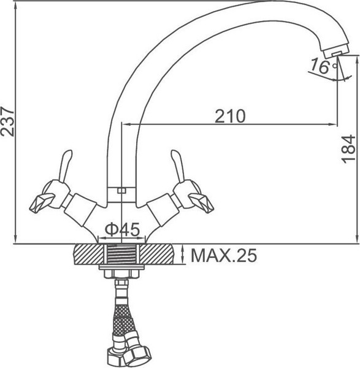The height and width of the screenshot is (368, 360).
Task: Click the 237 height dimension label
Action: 7,121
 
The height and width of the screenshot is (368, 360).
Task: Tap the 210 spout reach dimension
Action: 230,116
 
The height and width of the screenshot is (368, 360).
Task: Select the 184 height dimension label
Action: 348,149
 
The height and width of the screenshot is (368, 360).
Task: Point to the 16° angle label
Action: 323,66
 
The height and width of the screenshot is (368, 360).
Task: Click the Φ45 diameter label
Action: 122,229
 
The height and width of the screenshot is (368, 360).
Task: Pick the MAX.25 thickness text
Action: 224,255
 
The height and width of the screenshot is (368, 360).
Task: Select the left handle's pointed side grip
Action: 42,203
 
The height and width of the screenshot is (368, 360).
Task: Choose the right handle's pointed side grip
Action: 201,203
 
